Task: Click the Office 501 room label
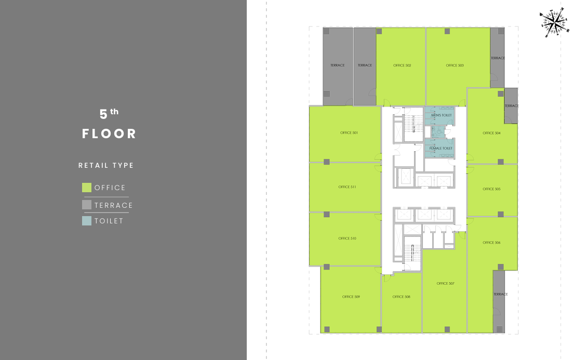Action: [349, 132]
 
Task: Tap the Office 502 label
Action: [402, 65]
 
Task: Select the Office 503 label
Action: [455, 65]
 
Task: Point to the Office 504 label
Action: [491, 133]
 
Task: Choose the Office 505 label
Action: [491, 189]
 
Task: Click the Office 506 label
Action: [491, 242]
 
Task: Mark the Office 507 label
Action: [445, 283]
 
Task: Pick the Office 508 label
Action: [401, 297]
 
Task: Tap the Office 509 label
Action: [351, 297]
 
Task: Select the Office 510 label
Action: [347, 238]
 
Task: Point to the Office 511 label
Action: [347, 187]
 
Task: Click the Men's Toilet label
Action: [442, 115]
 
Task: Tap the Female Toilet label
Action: [441, 149]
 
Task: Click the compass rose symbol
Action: [554, 23]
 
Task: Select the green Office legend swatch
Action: [87, 188]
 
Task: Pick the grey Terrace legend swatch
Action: [87, 205]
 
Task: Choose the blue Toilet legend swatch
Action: [87, 221]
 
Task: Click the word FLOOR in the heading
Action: [109, 134]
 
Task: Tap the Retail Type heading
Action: [106, 166]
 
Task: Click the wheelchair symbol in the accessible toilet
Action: [439, 131]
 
